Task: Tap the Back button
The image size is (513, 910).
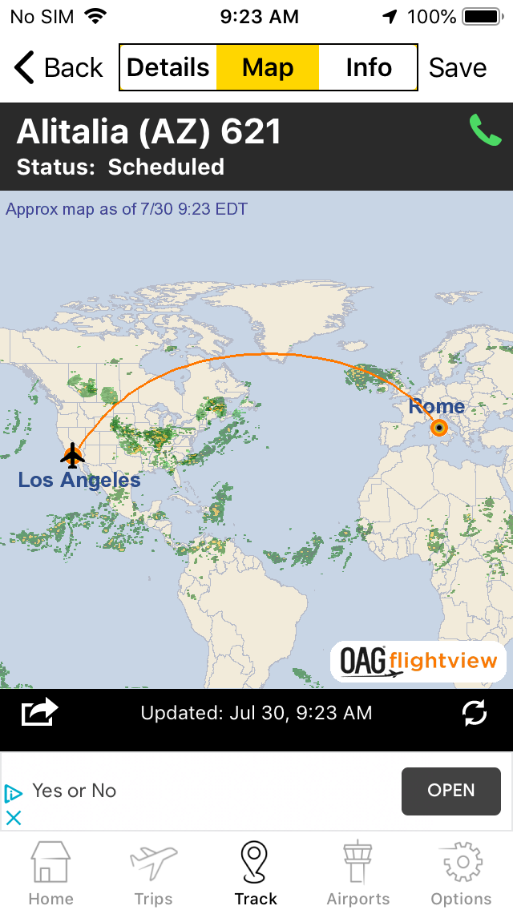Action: [x=59, y=68]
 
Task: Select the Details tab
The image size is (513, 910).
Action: [x=168, y=68]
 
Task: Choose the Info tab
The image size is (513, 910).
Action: [x=368, y=68]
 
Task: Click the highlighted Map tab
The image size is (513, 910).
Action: [x=268, y=68]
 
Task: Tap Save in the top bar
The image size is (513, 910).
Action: [x=457, y=68]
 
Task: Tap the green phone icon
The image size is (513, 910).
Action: [x=485, y=131]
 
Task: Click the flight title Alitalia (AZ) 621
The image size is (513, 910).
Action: [x=149, y=132]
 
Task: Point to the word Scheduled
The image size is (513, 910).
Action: [x=166, y=167]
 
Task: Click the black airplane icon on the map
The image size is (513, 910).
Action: [x=72, y=455]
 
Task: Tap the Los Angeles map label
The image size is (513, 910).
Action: [x=79, y=481]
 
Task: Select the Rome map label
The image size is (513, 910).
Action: [x=436, y=406]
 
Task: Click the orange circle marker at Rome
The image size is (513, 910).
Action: [x=439, y=428]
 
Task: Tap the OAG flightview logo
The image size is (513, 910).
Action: [x=418, y=662]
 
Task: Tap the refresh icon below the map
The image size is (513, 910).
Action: [x=475, y=713]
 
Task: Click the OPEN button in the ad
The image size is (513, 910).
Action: [x=450, y=791]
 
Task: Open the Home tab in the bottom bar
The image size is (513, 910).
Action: [x=50, y=873]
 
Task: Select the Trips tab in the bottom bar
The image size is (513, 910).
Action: [x=153, y=873]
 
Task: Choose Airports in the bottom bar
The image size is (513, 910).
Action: [x=357, y=873]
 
